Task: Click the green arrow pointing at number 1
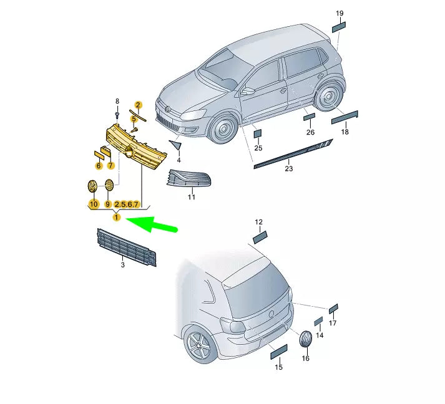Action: coord(150,224)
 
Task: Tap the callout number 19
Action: coord(340,13)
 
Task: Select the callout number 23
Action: coord(288,169)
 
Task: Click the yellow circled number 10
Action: coord(94,204)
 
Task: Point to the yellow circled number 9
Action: coord(108,204)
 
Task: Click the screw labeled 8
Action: coord(117,114)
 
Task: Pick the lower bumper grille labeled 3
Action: coord(127,248)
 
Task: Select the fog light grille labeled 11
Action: coord(189,179)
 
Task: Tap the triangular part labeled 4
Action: coord(175,144)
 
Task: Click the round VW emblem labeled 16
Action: coord(306,339)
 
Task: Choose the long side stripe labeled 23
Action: coord(293,153)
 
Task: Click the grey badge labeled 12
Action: coord(260,238)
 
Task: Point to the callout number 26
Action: coord(310,132)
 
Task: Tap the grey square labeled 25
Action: coord(258,134)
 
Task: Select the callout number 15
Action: coord(279,367)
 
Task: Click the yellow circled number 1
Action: coord(116,218)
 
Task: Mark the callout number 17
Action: coord(333,323)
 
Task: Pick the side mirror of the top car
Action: coord(248,91)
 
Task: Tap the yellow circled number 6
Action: coord(99,166)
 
